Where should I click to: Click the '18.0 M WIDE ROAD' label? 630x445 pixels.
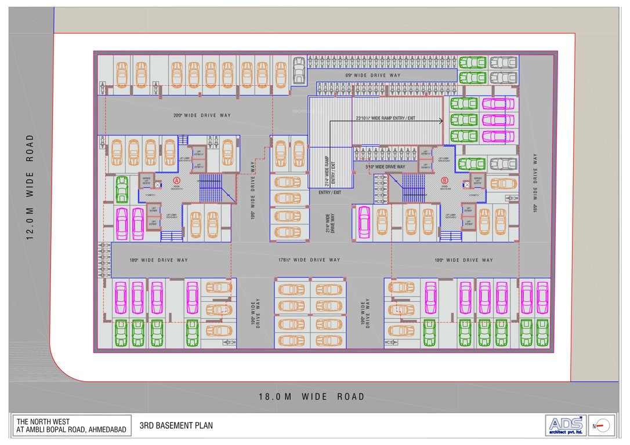pos(312,397)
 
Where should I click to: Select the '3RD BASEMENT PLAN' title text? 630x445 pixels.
pos(176,426)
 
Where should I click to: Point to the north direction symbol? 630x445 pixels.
pos(602,426)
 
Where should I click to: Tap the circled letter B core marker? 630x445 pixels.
pos(444,180)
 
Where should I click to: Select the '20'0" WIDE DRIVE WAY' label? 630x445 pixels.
pos(202,115)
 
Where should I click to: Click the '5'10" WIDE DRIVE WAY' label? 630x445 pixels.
pos(385,167)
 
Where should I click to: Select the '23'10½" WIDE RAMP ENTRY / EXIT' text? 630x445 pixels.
pos(385,118)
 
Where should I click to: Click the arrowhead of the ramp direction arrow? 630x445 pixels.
pos(441,121)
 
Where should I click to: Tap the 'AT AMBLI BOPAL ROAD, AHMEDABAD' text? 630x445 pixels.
pos(71,430)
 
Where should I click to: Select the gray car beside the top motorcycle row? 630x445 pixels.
pos(299,70)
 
